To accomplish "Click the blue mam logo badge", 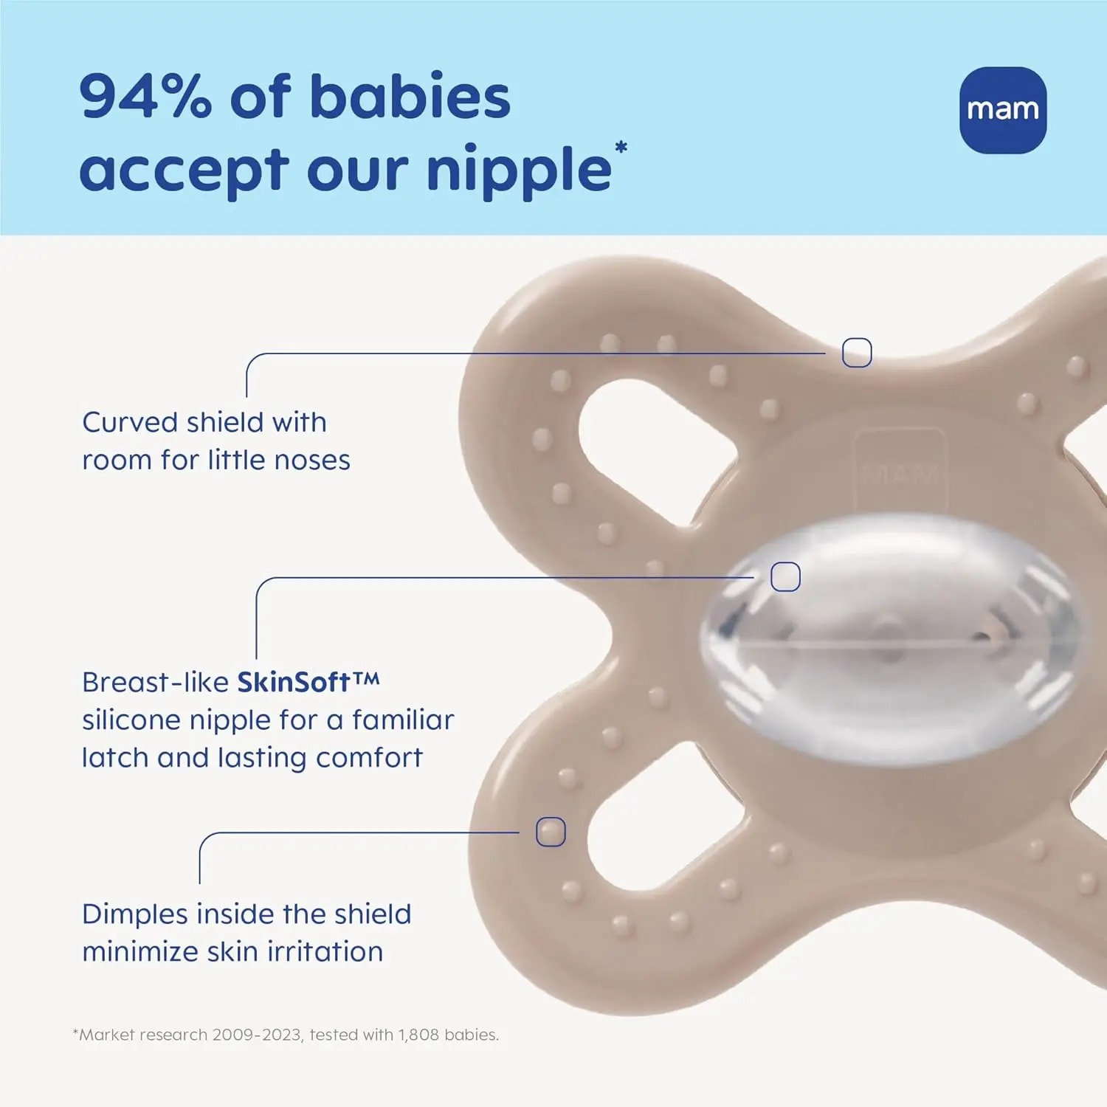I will tap(1002, 110).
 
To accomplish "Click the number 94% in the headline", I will tap(145, 97).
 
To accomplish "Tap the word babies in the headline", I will tap(410, 97).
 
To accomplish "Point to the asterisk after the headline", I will tap(621, 147).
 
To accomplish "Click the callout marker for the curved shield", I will tap(857, 353).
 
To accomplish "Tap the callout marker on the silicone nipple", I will tap(785, 576).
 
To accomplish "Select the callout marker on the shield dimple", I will tap(551, 832).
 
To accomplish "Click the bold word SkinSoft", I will tap(293, 682).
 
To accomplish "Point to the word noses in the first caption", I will tap(312, 460).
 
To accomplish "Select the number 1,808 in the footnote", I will tap(418, 1035).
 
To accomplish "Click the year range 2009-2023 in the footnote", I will tap(257, 1035).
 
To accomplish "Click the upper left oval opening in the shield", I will tap(649, 450).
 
